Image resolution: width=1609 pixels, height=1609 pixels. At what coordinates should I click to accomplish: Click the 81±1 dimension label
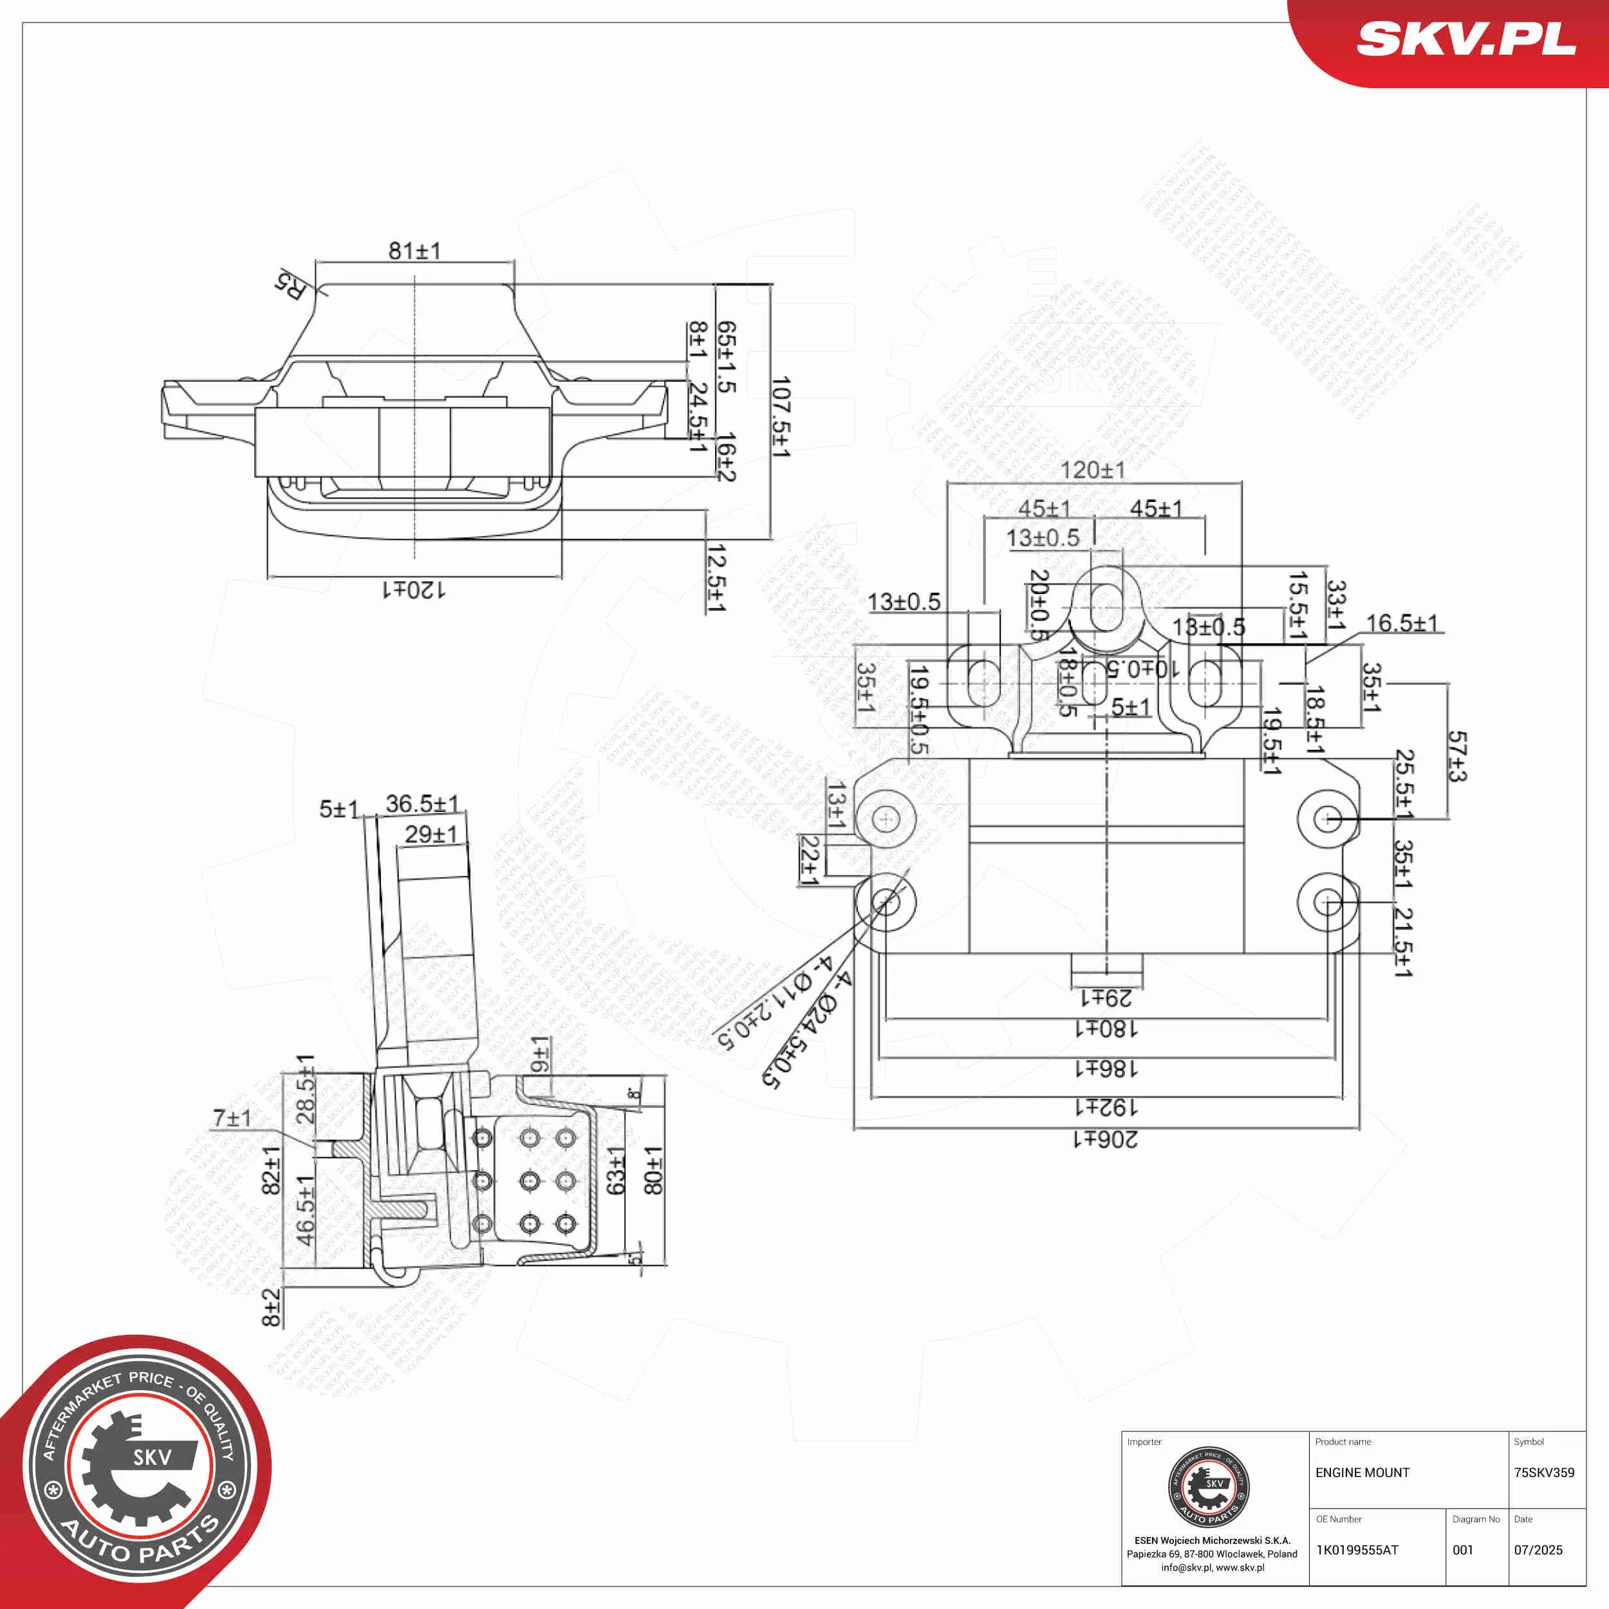pos(414,250)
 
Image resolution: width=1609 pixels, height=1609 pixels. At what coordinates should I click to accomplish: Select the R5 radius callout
pos(292,286)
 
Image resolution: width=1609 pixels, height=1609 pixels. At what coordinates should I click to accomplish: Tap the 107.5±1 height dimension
pos(780,417)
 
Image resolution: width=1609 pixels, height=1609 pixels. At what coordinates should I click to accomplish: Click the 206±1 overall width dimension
pos(1105,1139)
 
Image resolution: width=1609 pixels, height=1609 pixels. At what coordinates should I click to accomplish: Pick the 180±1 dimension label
pos(1105,1029)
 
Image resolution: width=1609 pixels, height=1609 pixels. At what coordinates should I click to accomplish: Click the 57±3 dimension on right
pos(1456,756)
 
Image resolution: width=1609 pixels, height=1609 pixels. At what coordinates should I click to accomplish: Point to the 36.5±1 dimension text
pos(422,804)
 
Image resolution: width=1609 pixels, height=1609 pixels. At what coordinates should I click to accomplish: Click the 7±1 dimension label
pos(232,1118)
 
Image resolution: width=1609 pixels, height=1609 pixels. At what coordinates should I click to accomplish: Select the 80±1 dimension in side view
pos(654,1170)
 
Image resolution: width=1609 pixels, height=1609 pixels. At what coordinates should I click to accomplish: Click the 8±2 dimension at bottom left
pos(271,1308)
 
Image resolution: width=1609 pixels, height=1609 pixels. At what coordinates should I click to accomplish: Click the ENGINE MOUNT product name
pos(1363,1473)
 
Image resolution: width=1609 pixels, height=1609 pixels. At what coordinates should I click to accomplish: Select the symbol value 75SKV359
pos(1544,1473)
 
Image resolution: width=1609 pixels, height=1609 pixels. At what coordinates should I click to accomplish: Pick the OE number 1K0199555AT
pos(1357,1550)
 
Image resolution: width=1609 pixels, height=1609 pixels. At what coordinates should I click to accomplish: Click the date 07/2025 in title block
pos(1538,1550)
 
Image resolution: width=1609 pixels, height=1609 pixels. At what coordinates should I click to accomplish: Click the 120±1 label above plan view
pos(1093,470)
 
